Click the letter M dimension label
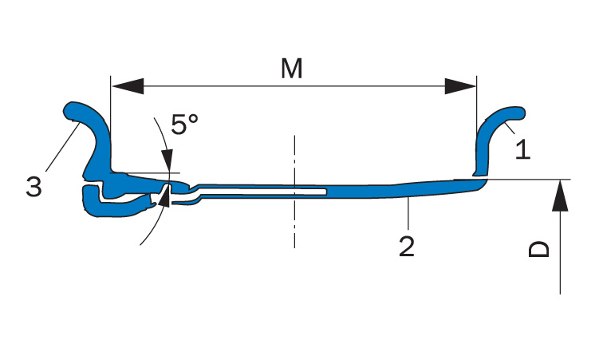click(291, 69)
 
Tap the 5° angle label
click(184, 124)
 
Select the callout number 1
click(522, 149)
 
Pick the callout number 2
click(407, 247)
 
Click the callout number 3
click(33, 187)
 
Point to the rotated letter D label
click(538, 249)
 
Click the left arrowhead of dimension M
click(127, 86)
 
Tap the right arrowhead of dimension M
click(460, 86)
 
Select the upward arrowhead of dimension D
click(560, 196)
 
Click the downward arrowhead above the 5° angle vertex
click(167, 160)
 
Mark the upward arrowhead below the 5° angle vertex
click(164, 197)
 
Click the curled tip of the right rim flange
click(518, 113)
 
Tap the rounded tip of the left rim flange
click(71, 111)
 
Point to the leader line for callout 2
click(408, 214)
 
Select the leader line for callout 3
click(63, 147)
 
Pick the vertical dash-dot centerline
click(294, 192)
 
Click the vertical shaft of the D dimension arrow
click(560, 252)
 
